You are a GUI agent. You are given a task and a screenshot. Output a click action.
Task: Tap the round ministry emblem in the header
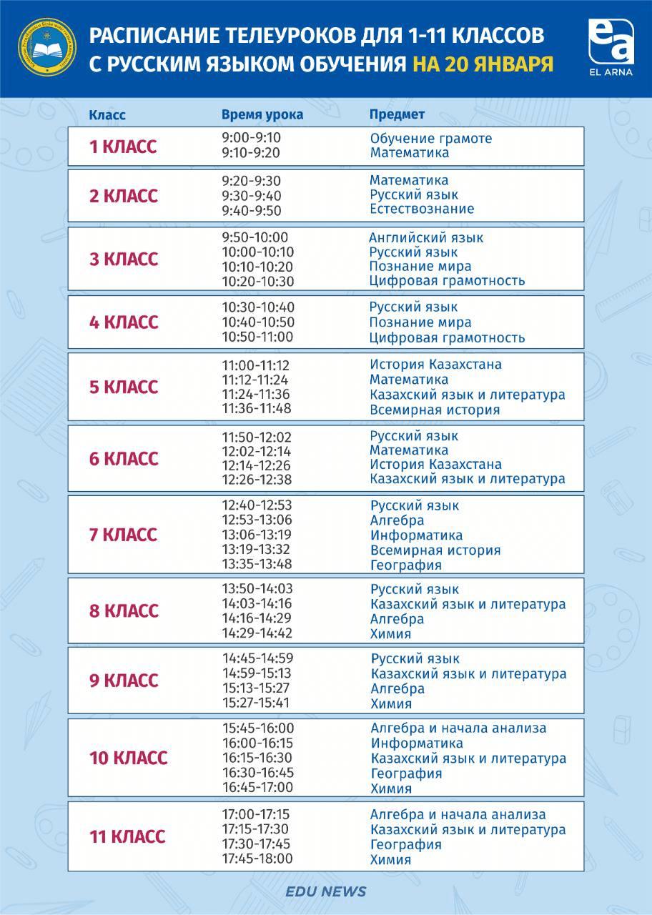(x=47, y=49)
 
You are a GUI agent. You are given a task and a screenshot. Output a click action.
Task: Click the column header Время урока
(x=262, y=114)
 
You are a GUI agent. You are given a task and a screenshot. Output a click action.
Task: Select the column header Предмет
(x=397, y=114)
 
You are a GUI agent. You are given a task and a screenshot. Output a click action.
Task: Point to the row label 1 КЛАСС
(x=123, y=147)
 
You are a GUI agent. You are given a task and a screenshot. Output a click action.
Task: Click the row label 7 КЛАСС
(x=123, y=535)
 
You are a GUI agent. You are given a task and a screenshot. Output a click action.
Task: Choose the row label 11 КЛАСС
(x=127, y=836)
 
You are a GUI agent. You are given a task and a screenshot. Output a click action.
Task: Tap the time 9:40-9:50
(x=252, y=210)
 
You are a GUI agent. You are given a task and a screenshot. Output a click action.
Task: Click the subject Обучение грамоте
(x=431, y=138)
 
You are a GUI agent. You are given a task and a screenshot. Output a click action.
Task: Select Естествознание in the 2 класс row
(x=422, y=209)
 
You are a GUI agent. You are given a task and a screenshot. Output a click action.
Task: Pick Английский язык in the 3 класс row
(x=426, y=237)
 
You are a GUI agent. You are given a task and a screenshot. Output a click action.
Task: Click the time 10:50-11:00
(x=257, y=337)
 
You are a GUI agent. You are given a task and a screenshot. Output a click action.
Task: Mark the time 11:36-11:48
(x=257, y=409)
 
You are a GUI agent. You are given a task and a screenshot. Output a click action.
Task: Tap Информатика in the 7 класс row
(x=416, y=535)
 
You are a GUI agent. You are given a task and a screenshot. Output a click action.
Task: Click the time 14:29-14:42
(x=257, y=633)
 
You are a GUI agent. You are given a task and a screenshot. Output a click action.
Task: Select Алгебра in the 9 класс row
(x=397, y=688)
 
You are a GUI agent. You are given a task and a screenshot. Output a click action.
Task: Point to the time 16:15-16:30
(x=257, y=758)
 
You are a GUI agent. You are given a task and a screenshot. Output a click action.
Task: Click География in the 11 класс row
(x=405, y=844)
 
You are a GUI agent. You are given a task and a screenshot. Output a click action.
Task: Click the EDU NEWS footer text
(x=325, y=891)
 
